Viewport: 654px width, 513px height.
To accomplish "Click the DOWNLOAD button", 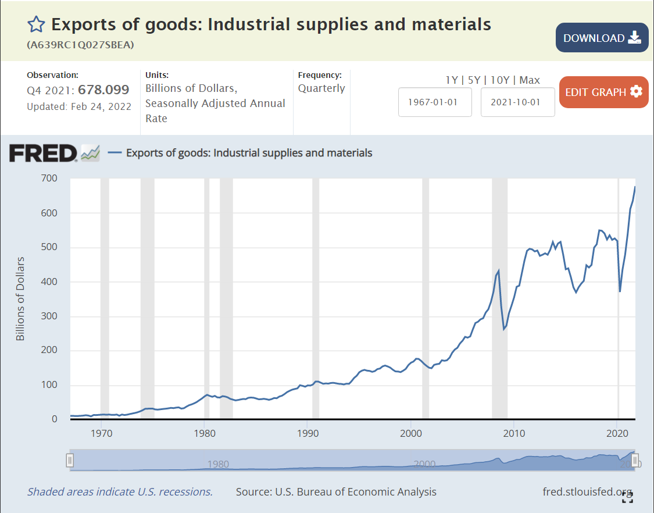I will tap(602, 38).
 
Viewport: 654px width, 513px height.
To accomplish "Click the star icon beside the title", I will tap(36, 24).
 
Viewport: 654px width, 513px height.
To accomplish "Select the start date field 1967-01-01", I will tap(435, 102).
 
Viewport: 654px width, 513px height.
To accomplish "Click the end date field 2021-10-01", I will tap(517, 102).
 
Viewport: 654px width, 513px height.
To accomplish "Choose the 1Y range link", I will tap(452, 80).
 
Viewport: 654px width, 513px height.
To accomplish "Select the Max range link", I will tap(530, 80).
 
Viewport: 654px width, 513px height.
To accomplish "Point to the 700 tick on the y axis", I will tap(49, 178).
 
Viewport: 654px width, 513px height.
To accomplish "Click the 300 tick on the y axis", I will tap(49, 316).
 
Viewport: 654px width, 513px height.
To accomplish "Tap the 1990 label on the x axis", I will tap(308, 433).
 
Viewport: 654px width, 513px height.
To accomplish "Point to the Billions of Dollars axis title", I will tap(20, 298).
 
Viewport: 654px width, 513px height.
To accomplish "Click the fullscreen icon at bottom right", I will tap(627, 497).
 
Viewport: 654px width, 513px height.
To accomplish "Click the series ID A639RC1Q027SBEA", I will tap(81, 45).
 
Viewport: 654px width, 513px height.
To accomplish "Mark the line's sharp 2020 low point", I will tap(620, 291).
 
